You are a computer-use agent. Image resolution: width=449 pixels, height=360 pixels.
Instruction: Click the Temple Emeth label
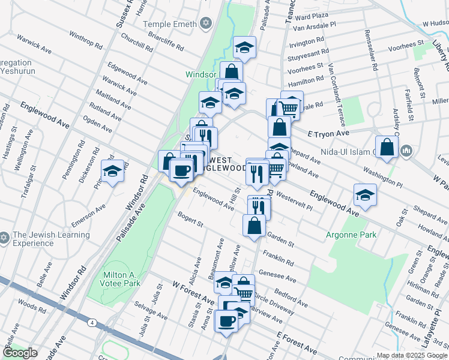(170, 24)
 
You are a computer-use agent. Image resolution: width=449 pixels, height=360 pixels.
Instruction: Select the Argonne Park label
(351, 235)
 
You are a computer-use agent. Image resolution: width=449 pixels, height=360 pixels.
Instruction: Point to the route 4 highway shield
(91, 322)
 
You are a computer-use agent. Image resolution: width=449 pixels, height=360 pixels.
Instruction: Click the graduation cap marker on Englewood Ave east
(364, 194)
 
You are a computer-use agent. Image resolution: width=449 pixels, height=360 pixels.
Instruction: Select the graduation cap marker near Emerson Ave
(112, 171)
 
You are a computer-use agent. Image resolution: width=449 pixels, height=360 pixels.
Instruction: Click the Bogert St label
(190, 218)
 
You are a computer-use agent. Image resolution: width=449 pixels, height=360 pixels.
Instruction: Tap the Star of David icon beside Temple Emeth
(206, 23)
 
